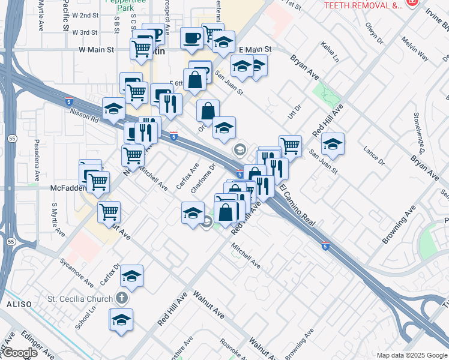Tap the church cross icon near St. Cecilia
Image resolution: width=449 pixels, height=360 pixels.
pos(121,298)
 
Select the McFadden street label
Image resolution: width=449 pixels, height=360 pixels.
pos(64,187)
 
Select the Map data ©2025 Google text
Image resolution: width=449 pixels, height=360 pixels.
pos(411,355)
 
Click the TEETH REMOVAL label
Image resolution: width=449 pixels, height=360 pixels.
pos(363,5)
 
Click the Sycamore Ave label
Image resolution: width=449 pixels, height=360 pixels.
pos(76,272)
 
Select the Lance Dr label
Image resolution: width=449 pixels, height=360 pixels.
pos(373,155)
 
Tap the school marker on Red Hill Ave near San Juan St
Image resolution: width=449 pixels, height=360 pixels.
pos(333,144)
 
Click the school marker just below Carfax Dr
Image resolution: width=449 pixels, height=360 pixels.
pos(131,276)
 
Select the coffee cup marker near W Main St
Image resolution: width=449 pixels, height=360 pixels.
pos(191,38)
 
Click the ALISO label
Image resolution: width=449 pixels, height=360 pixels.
pos(14,305)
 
